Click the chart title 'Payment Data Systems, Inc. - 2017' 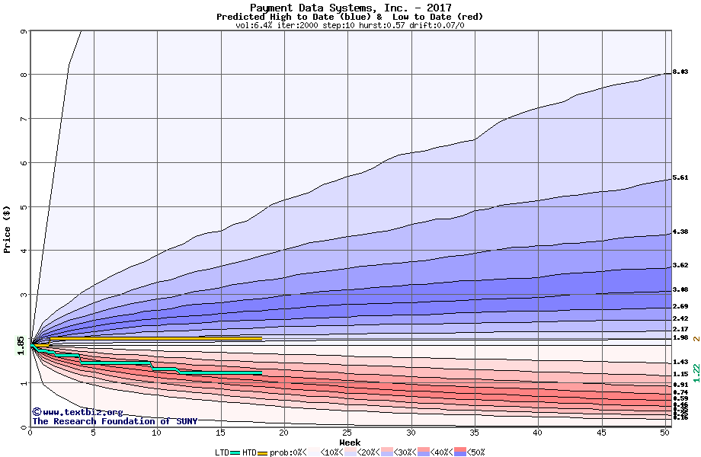tap(350, 8)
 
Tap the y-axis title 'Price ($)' tap(7, 228)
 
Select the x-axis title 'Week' tap(350, 443)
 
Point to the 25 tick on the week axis tap(347, 433)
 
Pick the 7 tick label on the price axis tap(24, 119)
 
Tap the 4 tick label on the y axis tap(24, 251)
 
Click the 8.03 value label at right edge tap(680, 72)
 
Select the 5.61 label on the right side tap(680, 177)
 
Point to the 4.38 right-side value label tap(680, 232)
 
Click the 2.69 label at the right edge tap(680, 306)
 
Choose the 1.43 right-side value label tap(680, 362)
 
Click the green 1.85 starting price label tap(21, 346)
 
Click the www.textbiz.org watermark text tap(76, 412)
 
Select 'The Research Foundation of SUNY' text tap(114, 421)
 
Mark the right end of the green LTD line tap(261, 372)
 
